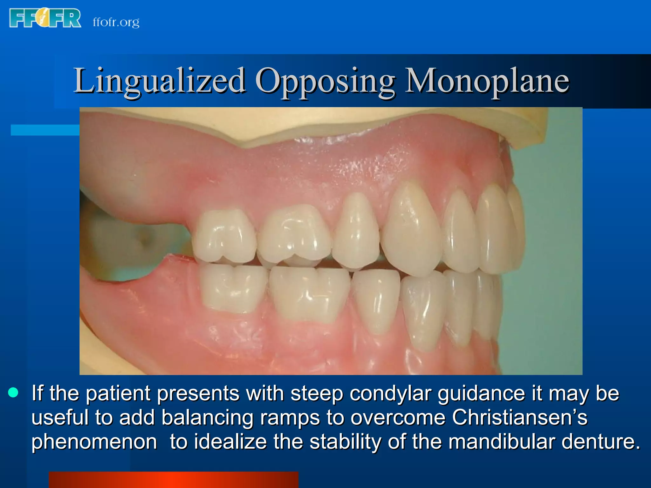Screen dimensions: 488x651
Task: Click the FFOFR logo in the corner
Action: coord(45,18)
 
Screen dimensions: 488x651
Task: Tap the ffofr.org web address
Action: coord(116,22)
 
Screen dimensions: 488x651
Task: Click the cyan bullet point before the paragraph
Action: coord(13,393)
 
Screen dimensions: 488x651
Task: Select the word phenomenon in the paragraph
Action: coord(94,442)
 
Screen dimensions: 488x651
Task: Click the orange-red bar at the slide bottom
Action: coord(174,479)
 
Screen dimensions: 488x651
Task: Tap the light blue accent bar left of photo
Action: coord(45,130)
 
